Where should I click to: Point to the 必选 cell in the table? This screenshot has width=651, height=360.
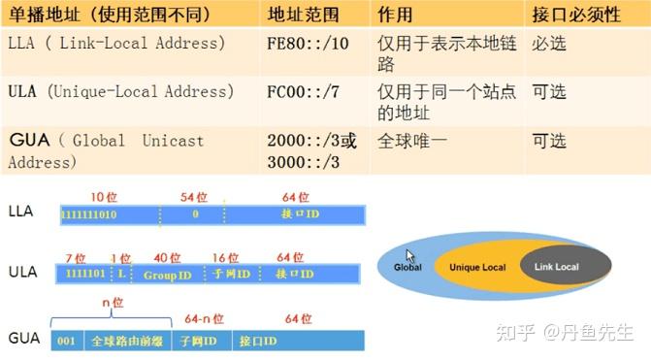pos(549,45)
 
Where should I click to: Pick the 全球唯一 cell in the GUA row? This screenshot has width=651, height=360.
pos(412,141)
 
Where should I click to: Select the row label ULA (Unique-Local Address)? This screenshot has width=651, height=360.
pos(121,92)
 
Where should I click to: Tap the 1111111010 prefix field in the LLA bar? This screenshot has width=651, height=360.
pos(89,213)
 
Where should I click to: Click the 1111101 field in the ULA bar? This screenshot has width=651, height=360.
pos(82,275)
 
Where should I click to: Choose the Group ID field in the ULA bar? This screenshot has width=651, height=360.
pos(169,275)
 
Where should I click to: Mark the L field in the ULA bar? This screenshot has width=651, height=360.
pos(121,275)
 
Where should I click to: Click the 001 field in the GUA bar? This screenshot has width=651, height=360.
pos(66,342)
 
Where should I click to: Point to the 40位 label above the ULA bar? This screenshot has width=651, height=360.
pos(168,258)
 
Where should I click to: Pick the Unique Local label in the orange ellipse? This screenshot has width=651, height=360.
pos(476,267)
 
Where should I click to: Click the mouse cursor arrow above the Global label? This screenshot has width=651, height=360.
pos(411,256)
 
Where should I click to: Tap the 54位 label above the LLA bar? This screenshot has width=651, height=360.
pos(194,197)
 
